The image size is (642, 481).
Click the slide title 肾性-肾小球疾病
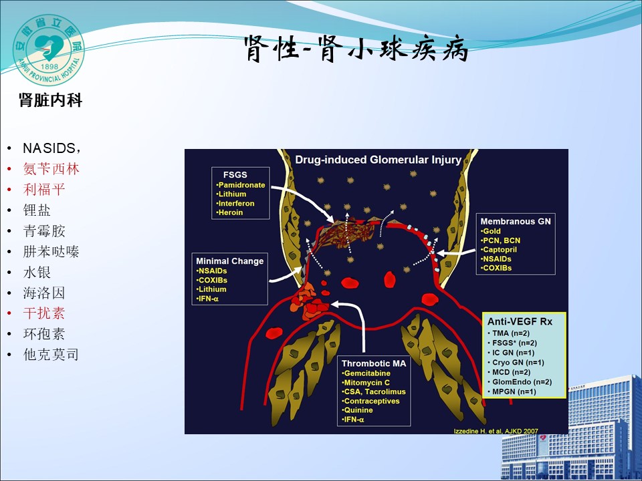[356, 49]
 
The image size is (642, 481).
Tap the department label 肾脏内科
[50, 100]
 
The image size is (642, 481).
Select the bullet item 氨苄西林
[51, 169]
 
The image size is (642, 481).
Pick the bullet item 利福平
[44, 189]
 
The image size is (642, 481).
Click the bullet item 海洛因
[44, 293]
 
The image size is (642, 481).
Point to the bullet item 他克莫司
[51, 355]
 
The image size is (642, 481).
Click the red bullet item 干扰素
[44, 313]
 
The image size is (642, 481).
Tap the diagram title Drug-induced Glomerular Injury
[379, 160]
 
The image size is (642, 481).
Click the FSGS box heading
[235, 174]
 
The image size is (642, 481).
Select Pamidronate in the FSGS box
[241, 185]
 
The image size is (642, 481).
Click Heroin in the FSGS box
[229, 212]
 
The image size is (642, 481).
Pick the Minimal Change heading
[229, 261]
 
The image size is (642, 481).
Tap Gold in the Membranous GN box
[490, 231]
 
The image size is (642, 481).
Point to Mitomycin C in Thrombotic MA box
[366, 382]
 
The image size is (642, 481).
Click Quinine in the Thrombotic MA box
[357, 410]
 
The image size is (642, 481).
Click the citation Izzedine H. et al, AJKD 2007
[496, 431]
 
